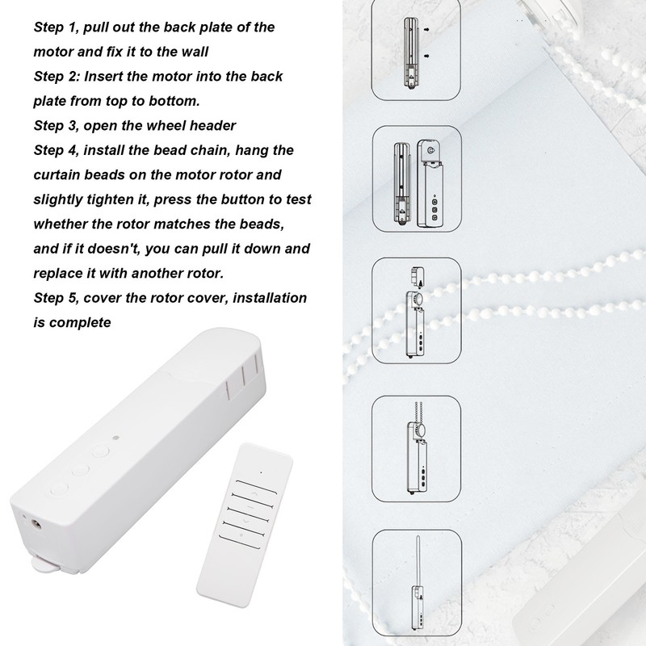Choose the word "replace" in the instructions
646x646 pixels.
pyautogui.click(x=60, y=272)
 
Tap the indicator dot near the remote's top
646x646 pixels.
pyautogui.click(x=261, y=470)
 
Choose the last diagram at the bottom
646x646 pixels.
pyautogui.click(x=413, y=583)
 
